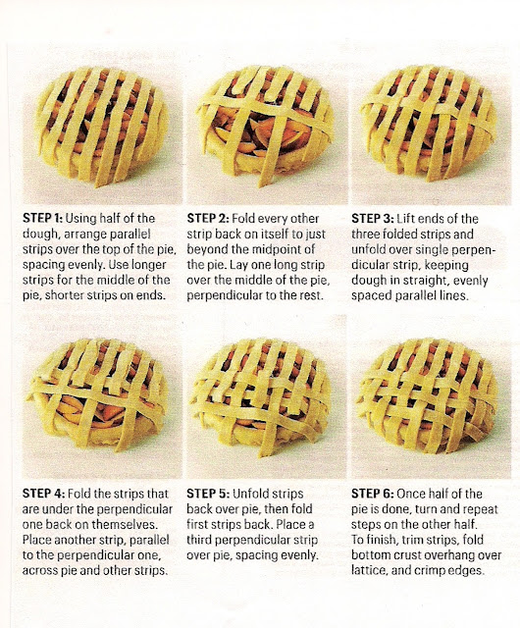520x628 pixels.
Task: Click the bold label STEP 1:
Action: [42, 218]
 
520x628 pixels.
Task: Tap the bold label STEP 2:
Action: [208, 218]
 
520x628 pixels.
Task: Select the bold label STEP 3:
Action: [372, 218]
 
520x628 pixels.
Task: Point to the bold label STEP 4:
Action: [43, 494]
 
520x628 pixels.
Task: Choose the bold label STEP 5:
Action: [208, 494]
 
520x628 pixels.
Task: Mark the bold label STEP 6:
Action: [373, 494]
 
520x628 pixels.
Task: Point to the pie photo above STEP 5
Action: [266, 397]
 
